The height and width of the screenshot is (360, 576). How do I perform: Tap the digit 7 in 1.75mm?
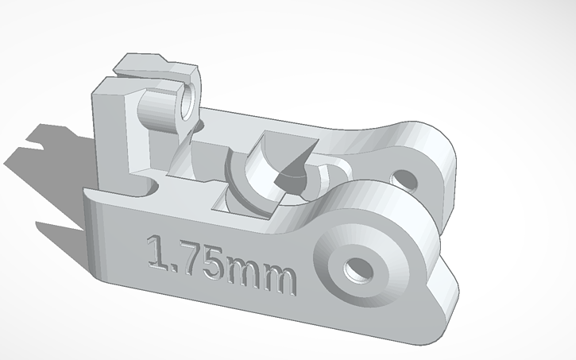click(191, 257)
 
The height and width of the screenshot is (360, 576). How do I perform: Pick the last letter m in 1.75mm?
click(279, 280)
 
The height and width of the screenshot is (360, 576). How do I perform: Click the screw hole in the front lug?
click(358, 270)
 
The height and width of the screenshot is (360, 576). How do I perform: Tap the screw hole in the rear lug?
click(404, 180)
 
